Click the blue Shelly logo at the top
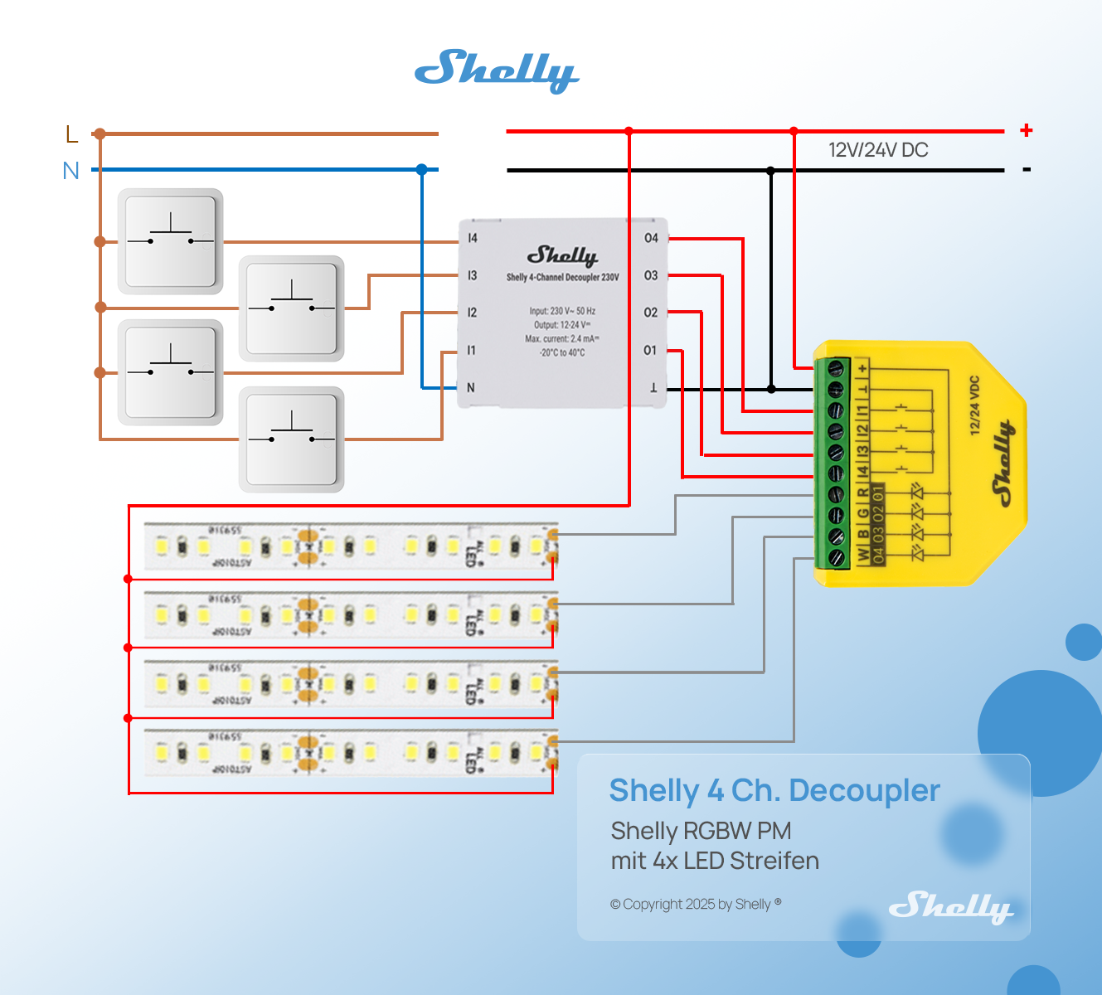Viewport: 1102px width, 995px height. tap(496, 70)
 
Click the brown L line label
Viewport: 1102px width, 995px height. tap(71, 134)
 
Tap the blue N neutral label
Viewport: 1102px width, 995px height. tap(71, 171)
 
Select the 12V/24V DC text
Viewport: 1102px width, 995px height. tap(878, 150)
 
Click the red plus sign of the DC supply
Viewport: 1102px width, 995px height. tap(1027, 130)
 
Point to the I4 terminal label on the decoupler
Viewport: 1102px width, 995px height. tap(473, 239)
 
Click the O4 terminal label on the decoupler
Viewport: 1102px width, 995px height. tap(651, 239)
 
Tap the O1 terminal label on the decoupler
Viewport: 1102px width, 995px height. tap(650, 351)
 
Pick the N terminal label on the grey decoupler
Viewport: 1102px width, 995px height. tap(471, 388)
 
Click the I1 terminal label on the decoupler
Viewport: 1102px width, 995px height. tap(471, 351)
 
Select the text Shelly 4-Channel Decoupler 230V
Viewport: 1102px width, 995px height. tap(562, 278)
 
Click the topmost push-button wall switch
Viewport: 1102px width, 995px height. tap(170, 241)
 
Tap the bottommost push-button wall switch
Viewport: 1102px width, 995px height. tap(291, 439)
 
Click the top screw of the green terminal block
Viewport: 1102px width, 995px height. tap(837, 367)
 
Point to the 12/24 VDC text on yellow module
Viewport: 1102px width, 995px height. tap(974, 405)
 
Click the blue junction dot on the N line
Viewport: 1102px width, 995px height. tap(422, 170)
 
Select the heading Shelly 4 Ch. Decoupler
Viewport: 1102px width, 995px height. tap(774, 791)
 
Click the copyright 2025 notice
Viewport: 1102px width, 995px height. tap(696, 904)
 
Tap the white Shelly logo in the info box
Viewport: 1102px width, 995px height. tap(950, 906)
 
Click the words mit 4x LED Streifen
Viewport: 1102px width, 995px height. tap(715, 861)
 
